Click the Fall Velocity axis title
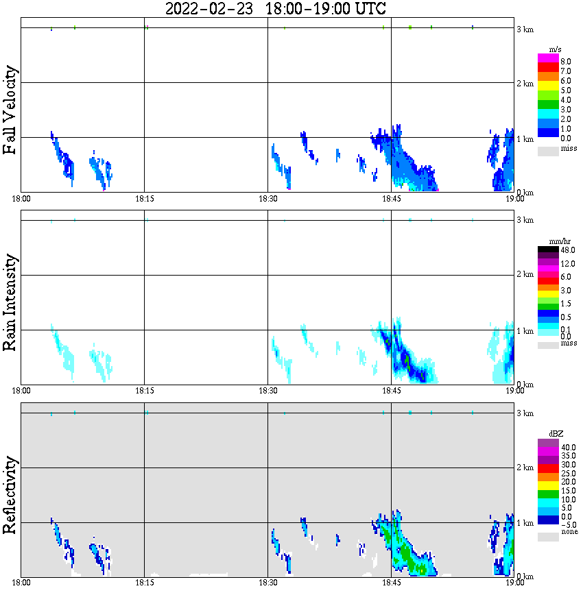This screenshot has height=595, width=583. point(10,110)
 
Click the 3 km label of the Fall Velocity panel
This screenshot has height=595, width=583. point(525,29)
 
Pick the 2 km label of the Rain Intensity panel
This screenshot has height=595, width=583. point(525,275)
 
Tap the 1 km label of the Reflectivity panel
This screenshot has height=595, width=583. point(525,523)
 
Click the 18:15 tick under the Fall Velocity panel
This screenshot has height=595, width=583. point(144,198)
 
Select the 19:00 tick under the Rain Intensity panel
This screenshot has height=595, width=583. point(514,390)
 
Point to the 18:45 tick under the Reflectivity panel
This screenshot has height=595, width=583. point(391,583)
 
